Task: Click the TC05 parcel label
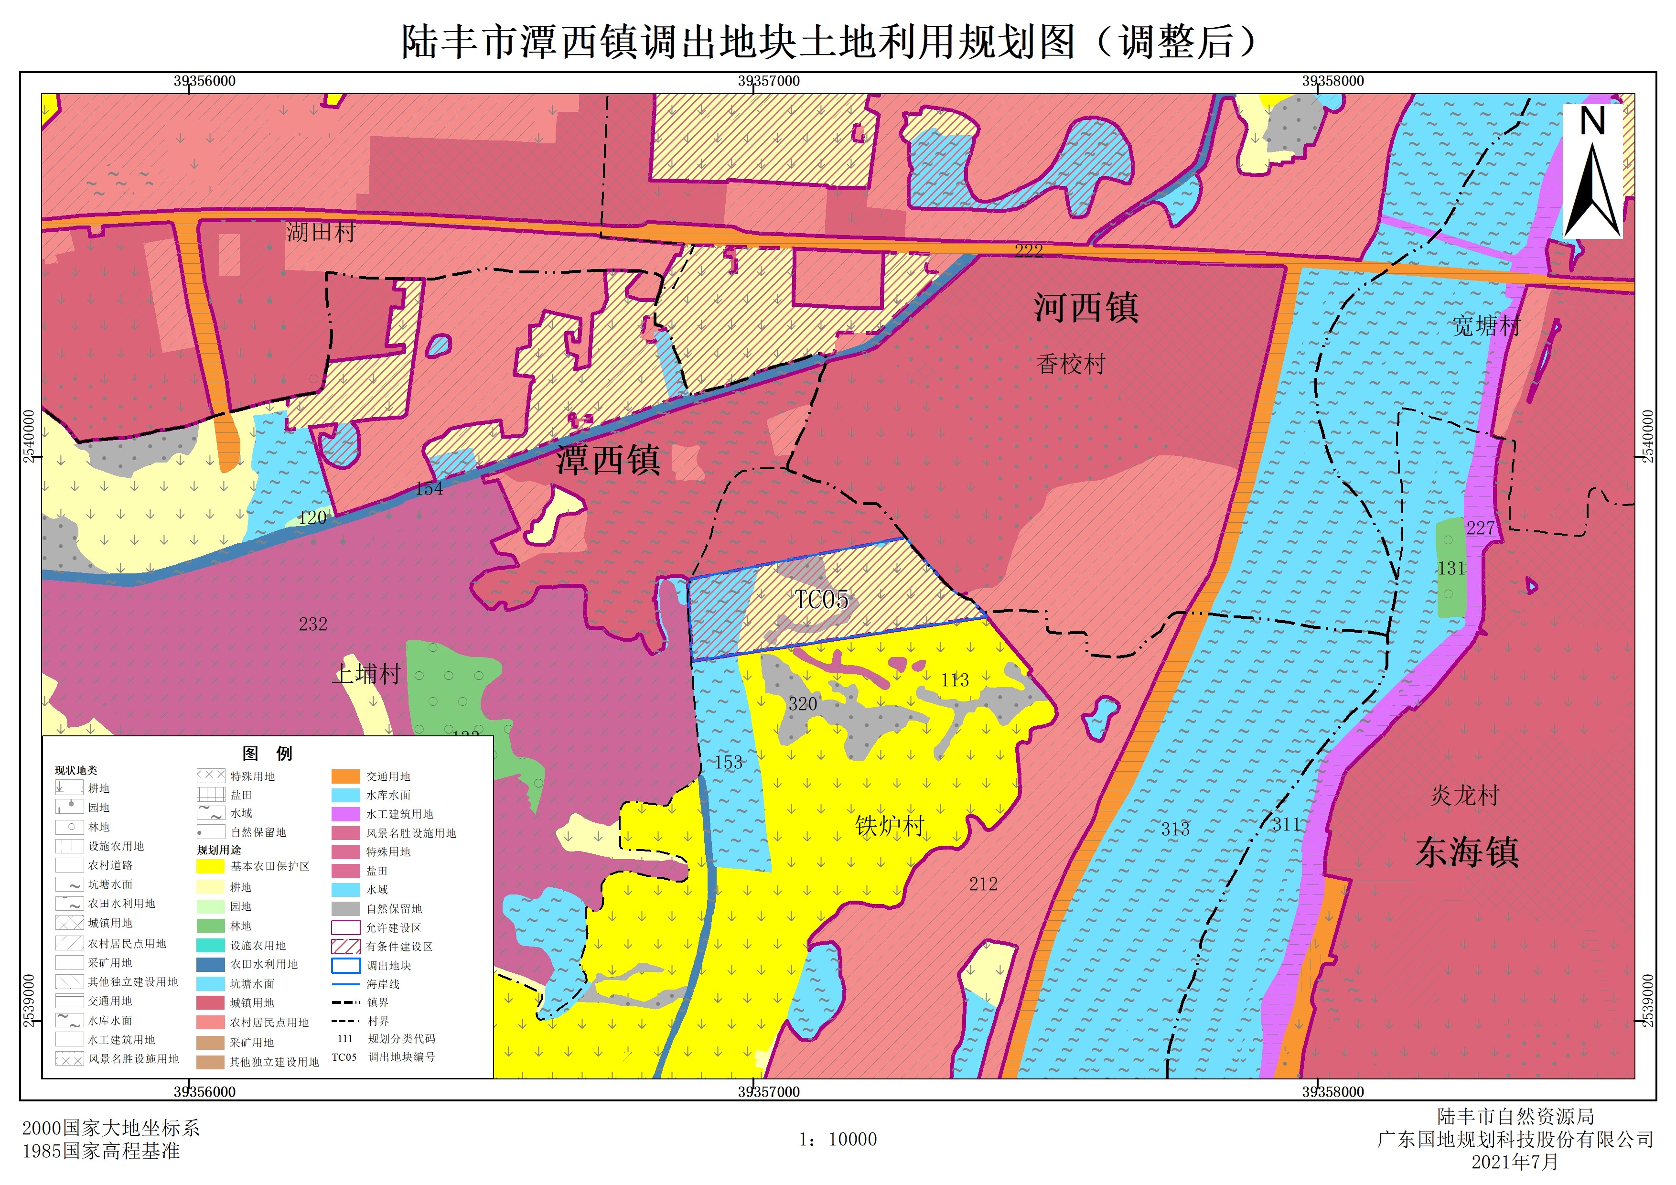(821, 600)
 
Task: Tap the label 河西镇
(1085, 307)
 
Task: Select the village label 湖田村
(321, 232)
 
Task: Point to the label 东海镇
(1467, 852)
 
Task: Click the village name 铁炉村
(890, 826)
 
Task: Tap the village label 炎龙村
(1464, 795)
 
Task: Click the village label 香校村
(1071, 364)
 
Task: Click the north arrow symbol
(1592, 172)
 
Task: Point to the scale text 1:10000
(838, 1140)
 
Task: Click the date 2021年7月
(1514, 1162)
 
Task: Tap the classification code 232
(312, 624)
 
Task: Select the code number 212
(983, 884)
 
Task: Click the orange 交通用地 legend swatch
(345, 776)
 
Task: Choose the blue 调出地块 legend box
(345, 965)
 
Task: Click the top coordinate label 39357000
(769, 81)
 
